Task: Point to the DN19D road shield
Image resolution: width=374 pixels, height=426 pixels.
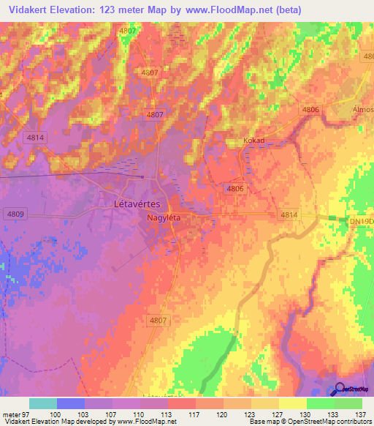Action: (362, 220)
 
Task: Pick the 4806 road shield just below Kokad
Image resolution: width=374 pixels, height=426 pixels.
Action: (234, 189)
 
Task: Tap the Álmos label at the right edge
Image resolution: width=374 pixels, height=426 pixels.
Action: (363, 110)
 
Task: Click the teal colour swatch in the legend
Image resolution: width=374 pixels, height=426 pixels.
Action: (43, 403)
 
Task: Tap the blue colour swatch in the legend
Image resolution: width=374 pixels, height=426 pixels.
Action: (71, 403)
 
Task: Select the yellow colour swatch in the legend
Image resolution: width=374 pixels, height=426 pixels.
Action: (293, 403)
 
